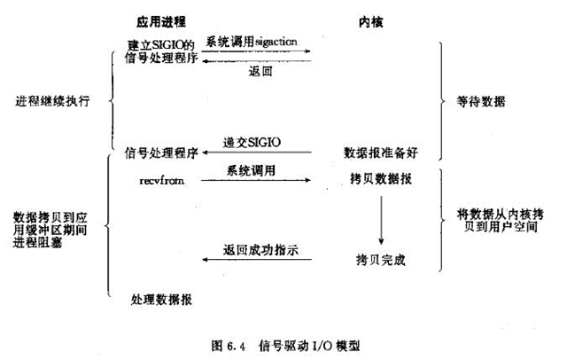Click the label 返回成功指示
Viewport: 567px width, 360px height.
point(256,250)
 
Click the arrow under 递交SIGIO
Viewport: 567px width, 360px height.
point(257,153)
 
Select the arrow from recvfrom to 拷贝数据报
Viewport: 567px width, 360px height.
point(256,180)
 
